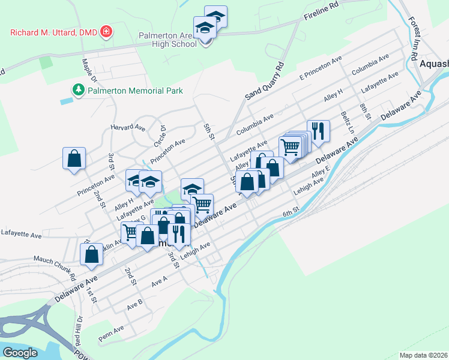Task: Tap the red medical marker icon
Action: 106,31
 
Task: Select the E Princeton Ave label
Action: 320,68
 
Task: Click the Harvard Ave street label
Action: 128,128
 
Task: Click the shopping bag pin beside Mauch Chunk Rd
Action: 91,253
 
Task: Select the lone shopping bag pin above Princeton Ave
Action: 74,159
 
